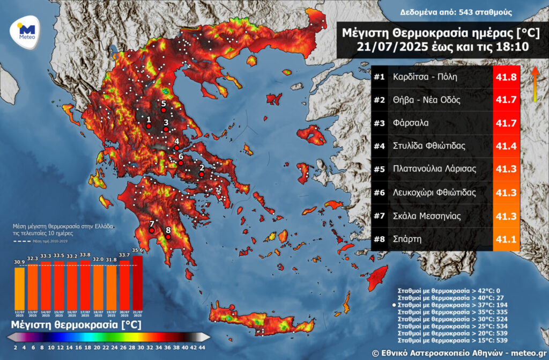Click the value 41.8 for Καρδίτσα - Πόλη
pos(506,77)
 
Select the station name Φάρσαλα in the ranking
pos(410,123)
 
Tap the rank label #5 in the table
pos(380,169)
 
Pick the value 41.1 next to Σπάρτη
pos(506,238)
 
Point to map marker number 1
pos(149,126)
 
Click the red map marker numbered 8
pos(168,236)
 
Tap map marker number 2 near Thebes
pos(202,174)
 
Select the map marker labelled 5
pos(164,109)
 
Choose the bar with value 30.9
pos(19,288)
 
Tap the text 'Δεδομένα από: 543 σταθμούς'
pos(456,12)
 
